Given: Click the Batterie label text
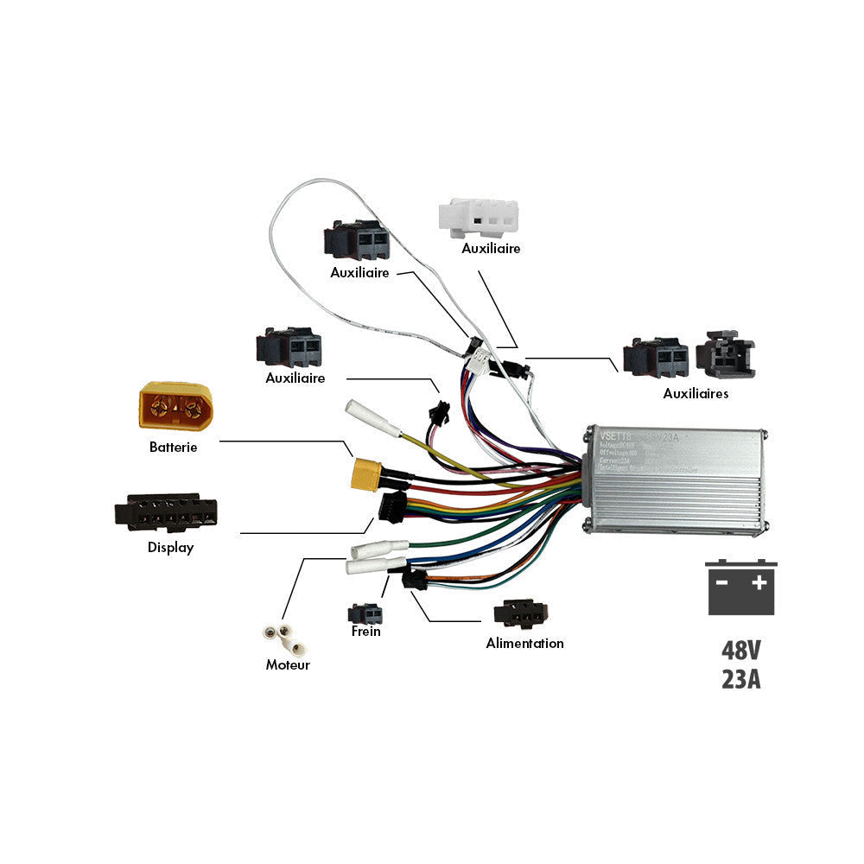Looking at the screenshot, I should click(173, 448).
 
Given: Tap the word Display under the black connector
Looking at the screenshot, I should click(170, 548).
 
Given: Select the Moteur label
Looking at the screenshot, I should click(287, 665).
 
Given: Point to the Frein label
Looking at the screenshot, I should click(365, 632).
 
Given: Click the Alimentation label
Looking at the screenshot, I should click(524, 644).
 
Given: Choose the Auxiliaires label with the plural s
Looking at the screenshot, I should click(696, 394).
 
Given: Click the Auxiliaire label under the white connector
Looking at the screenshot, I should click(491, 249).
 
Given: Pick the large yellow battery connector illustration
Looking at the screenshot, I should click(175, 404).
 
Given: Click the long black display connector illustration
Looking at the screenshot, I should click(165, 512).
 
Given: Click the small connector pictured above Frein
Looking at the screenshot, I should click(365, 613).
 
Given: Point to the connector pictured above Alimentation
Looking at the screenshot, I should click(520, 614).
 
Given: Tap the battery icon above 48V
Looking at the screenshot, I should click(741, 588).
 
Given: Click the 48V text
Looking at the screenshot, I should click(741, 651).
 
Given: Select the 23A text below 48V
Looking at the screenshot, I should click(741, 679).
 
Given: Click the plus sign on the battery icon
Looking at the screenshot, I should click(759, 582).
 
